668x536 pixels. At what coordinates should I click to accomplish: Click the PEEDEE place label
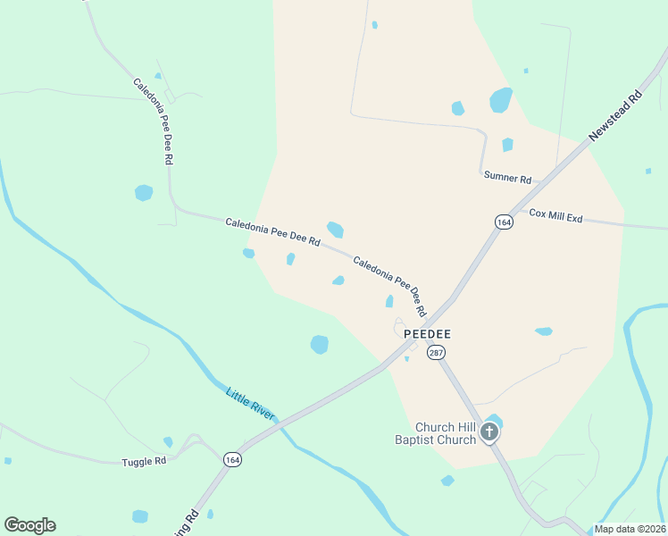pos(427,333)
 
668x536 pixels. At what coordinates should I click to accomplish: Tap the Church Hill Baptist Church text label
pos(436,433)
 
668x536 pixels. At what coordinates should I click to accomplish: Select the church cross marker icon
pos(488,433)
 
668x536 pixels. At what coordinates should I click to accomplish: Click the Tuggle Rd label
pos(144,461)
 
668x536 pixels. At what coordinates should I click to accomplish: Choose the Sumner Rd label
pos(507,177)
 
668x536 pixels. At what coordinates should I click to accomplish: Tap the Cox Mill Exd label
pos(555,215)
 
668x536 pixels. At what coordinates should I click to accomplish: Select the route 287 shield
pos(436,353)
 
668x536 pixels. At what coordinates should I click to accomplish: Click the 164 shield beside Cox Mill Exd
pos(504,222)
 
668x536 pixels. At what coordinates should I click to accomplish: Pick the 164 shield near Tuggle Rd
pos(231,458)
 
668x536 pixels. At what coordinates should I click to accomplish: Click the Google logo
pos(29,525)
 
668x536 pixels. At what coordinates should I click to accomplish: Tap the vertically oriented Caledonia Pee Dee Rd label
pos(153,121)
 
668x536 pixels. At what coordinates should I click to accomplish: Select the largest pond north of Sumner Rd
pos(501,99)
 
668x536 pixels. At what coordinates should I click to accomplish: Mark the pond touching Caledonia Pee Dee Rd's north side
pos(335,230)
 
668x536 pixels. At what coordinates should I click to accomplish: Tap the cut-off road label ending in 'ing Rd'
pos(191,518)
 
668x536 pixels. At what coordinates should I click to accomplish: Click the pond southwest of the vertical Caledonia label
pos(143,192)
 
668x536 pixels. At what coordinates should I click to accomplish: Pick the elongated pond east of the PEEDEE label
pos(543,331)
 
